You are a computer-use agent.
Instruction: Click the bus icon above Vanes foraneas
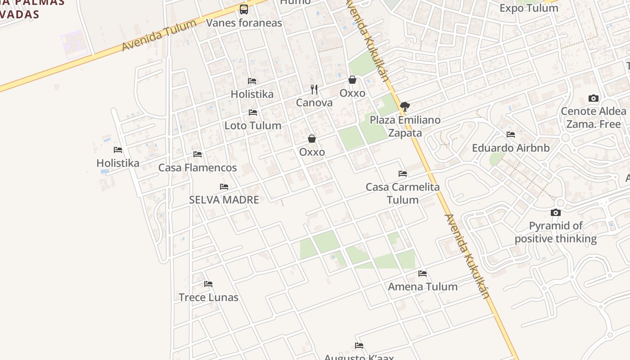pyautogui.click(x=243, y=9)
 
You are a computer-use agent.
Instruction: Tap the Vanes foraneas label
pyautogui.click(x=244, y=23)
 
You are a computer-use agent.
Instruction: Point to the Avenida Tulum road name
pyautogui.click(x=159, y=35)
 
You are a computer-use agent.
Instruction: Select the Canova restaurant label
pyautogui.click(x=314, y=103)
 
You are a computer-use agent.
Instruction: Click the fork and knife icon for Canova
pyautogui.click(x=314, y=90)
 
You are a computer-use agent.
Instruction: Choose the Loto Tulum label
pyautogui.click(x=253, y=126)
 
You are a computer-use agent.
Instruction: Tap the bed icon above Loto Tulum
pyautogui.click(x=253, y=112)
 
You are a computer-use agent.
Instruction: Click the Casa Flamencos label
pyautogui.click(x=198, y=168)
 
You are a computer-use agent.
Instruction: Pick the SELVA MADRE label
pyautogui.click(x=224, y=200)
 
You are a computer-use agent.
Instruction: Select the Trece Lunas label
pyautogui.click(x=208, y=297)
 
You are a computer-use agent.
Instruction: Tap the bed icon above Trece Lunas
pyautogui.click(x=208, y=284)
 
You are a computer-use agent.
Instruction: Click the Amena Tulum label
pyautogui.click(x=423, y=287)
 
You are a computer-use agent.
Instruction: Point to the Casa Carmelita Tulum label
pyautogui.click(x=403, y=193)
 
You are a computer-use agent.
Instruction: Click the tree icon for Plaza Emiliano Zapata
pyautogui.click(x=405, y=107)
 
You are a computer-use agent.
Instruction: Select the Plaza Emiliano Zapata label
pyautogui.click(x=405, y=126)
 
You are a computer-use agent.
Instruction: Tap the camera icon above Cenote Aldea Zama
pyautogui.click(x=594, y=98)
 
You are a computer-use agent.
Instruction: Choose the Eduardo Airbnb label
pyautogui.click(x=511, y=148)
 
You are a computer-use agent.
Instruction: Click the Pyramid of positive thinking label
pyautogui.click(x=556, y=232)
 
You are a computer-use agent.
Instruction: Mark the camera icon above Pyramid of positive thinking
pyautogui.click(x=556, y=212)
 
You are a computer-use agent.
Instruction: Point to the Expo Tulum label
pyautogui.click(x=529, y=8)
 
